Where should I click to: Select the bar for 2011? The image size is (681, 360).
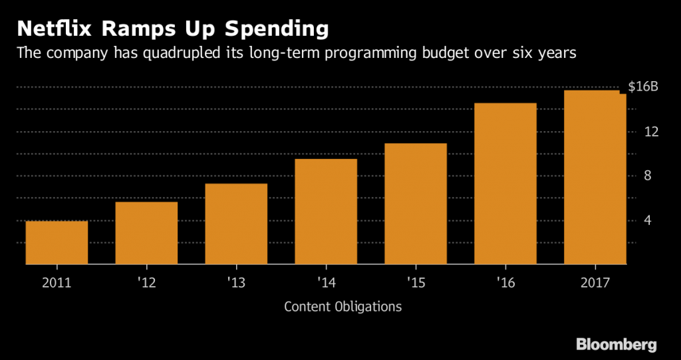(57, 243)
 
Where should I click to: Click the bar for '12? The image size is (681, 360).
(146, 233)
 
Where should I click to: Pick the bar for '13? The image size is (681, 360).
(236, 224)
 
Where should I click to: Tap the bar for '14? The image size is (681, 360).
(326, 212)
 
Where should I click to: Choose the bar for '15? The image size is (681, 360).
(416, 204)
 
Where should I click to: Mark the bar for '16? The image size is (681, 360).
(505, 184)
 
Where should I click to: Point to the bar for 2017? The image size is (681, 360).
(595, 178)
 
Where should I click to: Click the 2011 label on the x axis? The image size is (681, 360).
(57, 282)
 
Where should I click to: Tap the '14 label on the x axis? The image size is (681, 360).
(326, 282)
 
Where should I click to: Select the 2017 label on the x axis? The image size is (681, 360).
(595, 282)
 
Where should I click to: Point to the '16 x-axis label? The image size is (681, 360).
(505, 282)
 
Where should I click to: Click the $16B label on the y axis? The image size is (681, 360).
(642, 87)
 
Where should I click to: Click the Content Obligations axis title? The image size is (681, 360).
(342, 307)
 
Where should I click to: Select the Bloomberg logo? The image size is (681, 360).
(616, 344)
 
